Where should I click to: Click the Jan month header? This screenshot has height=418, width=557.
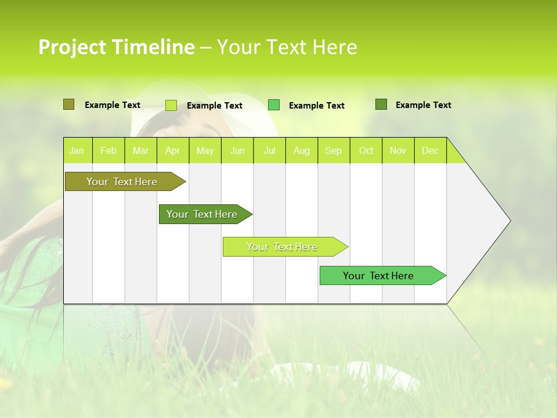point(77,150)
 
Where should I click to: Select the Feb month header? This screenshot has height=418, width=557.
point(108,150)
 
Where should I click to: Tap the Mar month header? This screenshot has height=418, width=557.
point(140,150)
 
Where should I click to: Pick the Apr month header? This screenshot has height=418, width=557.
point(173,150)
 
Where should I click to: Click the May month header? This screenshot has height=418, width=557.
point(205,150)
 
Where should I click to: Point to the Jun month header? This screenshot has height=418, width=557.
point(237,150)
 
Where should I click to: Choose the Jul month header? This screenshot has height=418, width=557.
point(269,150)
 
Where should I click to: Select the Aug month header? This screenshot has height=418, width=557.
point(302,150)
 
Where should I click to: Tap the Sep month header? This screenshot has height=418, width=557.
point(334,150)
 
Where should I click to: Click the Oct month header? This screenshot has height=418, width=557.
point(366,150)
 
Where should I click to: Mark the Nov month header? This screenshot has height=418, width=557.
point(398,150)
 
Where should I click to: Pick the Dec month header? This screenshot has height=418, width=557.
point(431,150)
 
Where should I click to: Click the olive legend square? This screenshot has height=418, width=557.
point(68,105)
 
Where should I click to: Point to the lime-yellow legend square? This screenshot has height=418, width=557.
point(171,105)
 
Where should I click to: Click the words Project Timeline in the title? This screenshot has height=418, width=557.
point(117,47)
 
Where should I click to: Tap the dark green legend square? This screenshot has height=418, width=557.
point(381,105)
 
